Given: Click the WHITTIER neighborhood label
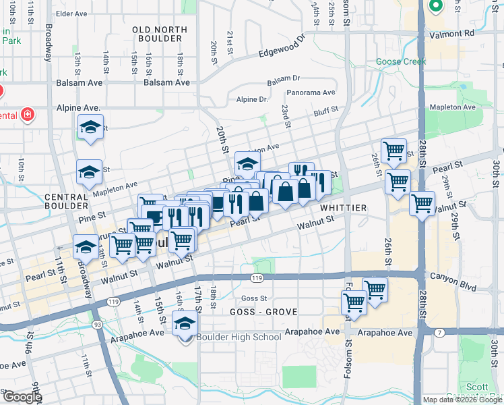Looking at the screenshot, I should [x=344, y=208].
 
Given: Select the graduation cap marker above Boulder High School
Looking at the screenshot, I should [x=185, y=324].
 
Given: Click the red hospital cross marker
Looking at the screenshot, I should [x=28, y=115].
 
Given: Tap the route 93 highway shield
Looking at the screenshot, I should [x=98, y=325].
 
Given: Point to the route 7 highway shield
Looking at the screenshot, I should [x=440, y=332].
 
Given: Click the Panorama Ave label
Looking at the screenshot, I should [x=311, y=92].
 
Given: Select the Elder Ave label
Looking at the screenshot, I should [x=72, y=13].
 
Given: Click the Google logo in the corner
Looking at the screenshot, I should [x=22, y=396].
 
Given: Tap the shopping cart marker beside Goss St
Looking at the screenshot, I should [x=354, y=304].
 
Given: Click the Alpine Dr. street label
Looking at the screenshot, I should [x=252, y=99].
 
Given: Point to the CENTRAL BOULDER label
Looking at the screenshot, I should [x=66, y=200].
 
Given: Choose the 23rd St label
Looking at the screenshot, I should [x=286, y=115].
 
